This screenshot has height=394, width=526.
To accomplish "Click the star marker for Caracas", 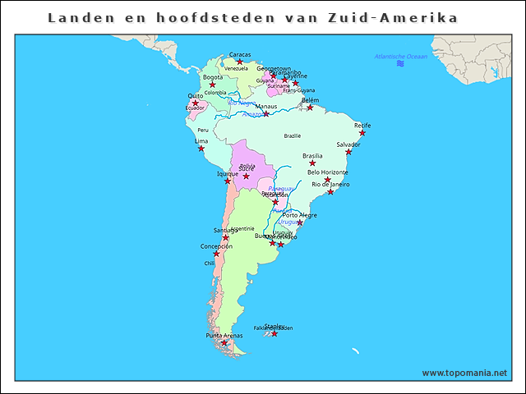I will point(240,62).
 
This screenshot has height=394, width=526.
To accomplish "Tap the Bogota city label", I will point(212,77).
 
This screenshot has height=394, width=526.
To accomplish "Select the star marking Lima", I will point(201,149).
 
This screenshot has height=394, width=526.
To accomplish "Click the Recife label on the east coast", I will point(362,126).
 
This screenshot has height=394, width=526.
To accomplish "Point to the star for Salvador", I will point(348,152).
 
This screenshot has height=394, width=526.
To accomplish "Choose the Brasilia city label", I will point(312,155).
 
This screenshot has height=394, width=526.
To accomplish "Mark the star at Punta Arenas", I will point(224,343).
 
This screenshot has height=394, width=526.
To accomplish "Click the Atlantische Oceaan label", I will point(400,57).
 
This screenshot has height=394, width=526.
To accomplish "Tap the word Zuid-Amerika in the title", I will point(404,17).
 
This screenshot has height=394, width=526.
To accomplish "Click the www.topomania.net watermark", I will point(465,373).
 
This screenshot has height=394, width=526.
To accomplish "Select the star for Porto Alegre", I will point(300,222).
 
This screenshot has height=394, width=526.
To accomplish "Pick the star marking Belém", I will point(310,108).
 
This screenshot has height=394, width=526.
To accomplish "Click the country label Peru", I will point(203,130).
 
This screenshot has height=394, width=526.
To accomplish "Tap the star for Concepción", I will point(216,254).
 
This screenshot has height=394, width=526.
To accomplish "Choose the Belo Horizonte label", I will point(327,172).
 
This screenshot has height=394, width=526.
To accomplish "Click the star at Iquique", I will point(228,181).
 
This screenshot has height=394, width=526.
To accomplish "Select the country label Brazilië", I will point(293,135).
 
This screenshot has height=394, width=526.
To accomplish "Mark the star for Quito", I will point(195,103).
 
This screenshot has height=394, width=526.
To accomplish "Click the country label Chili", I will point(210,263).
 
